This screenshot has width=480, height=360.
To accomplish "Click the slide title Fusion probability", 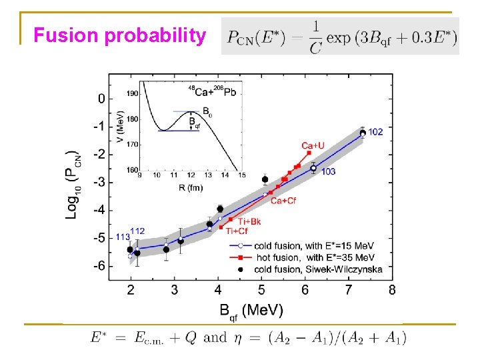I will coord(120,35).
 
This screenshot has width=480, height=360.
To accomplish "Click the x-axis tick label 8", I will coord(391,290).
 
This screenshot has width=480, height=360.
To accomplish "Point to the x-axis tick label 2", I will coord(131,290).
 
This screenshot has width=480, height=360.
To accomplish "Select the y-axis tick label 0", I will coord(101,99).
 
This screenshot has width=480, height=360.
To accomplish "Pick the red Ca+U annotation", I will coord(313,145).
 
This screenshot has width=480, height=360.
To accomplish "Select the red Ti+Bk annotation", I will coord(249,221).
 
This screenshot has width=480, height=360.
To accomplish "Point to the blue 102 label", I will coord(375,132).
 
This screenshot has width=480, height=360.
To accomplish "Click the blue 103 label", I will coord(328,171).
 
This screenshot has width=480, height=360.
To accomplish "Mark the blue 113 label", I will coord(123,237).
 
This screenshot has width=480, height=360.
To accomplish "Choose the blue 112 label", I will coord(137,231).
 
